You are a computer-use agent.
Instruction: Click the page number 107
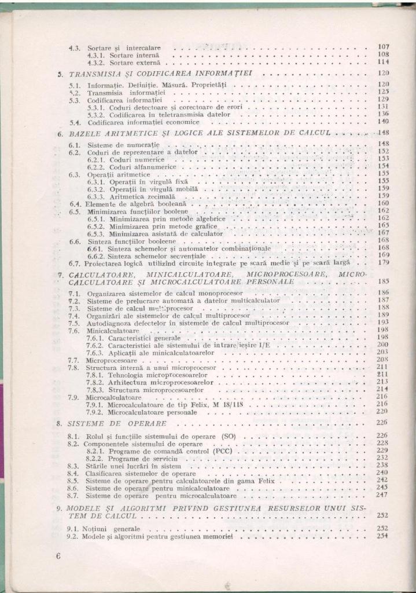[382, 46]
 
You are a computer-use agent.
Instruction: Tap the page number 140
[382, 122]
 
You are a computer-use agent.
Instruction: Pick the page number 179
[382, 262]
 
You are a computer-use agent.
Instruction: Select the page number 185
[382, 282]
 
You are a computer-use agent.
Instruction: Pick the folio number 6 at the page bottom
[58, 557]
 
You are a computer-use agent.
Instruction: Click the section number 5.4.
[74, 122]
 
